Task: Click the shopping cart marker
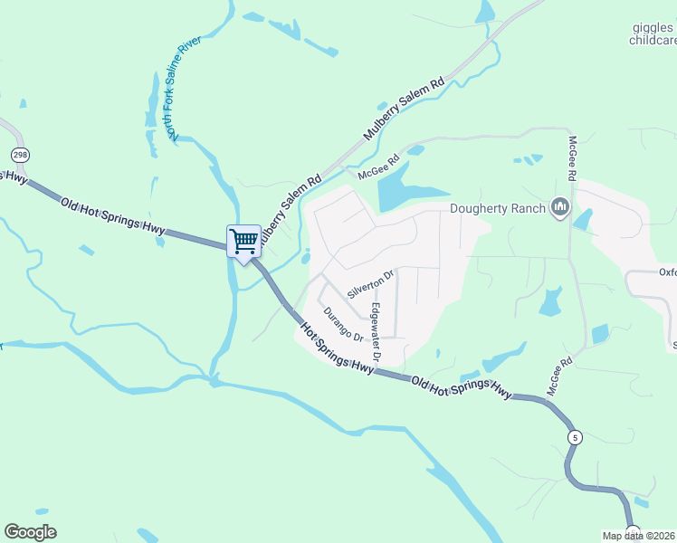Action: click(x=243, y=241)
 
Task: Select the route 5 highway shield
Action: click(x=574, y=437)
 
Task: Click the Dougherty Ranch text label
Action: click(x=498, y=209)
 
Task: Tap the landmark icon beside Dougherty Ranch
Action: click(x=560, y=208)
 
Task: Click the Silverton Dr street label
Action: click(x=371, y=285)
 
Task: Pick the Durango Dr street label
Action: click(x=343, y=325)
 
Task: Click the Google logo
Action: click(x=31, y=532)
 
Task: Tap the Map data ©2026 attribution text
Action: click(x=639, y=536)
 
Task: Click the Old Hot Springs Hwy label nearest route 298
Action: click(x=113, y=216)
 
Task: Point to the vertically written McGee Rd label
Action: click(x=572, y=157)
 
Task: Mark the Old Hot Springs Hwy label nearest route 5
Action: click(x=461, y=388)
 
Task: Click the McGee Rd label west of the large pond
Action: click(x=378, y=167)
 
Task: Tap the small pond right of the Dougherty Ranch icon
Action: click(x=584, y=218)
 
